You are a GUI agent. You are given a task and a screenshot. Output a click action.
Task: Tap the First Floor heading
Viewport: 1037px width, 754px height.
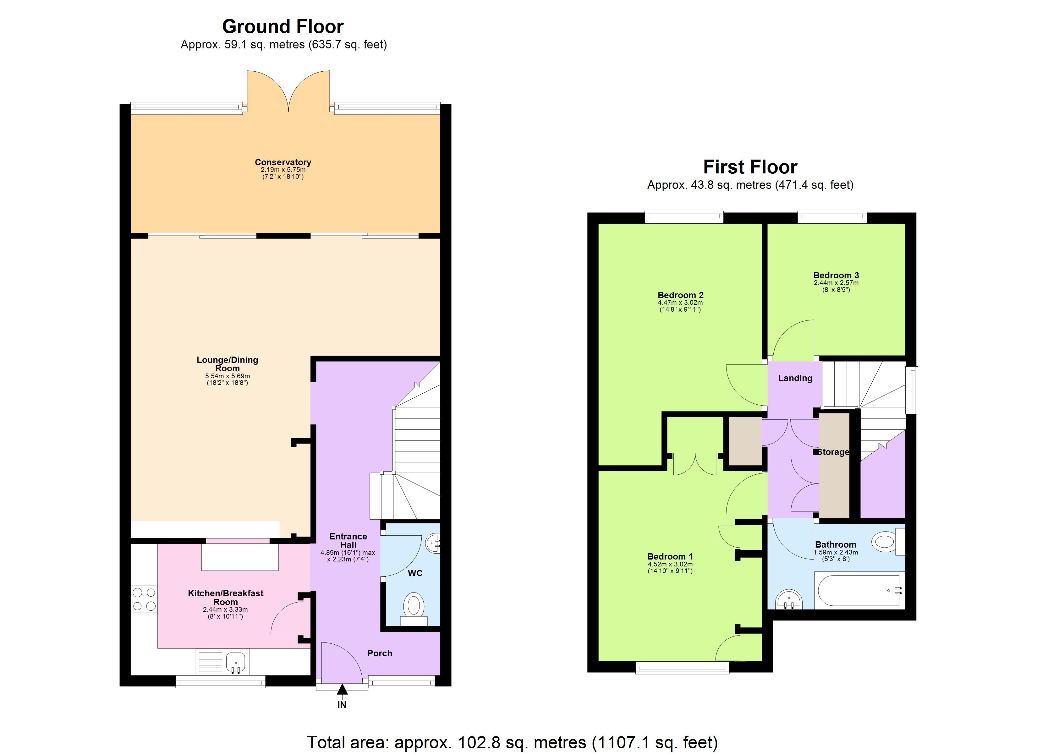pos(750,167)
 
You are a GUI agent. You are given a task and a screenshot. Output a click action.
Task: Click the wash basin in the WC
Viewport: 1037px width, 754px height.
pos(433,543)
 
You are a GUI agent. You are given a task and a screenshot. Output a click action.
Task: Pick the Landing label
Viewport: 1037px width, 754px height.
pos(795,378)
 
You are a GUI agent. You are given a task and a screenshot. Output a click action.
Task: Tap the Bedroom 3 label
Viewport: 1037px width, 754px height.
pos(836,275)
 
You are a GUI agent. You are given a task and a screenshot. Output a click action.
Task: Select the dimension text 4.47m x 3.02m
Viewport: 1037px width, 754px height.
pos(680,303)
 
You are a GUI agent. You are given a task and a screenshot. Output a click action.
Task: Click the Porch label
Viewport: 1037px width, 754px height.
pos(380,653)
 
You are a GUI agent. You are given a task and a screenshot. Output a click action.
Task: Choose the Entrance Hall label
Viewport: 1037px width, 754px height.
pos(348,540)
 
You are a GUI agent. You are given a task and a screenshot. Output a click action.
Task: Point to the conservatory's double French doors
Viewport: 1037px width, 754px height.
pos(288,91)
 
